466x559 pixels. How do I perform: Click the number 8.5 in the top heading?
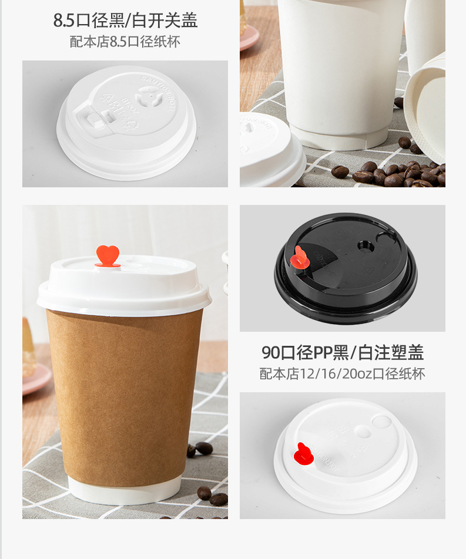pyautogui.click(x=64, y=21)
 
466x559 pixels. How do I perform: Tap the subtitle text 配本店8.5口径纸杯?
pyautogui.click(x=125, y=42)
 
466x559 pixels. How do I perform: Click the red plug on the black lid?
pyautogui.click(x=299, y=258)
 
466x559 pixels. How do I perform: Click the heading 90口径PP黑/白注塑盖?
pyautogui.click(x=343, y=352)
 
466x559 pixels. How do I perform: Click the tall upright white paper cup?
pyautogui.click(x=341, y=70)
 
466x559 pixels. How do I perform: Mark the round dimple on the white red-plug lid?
pyautogui.click(x=381, y=422)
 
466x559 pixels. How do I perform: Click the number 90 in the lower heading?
pyautogui.click(x=271, y=352)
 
